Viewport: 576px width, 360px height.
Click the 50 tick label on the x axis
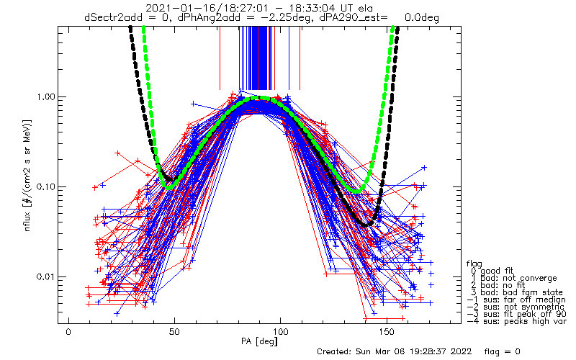tap(174, 331)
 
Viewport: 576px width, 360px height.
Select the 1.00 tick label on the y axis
tap(45, 96)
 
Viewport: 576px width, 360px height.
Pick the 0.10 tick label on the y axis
tap(45, 186)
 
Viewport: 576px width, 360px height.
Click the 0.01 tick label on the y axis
tap(45, 277)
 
